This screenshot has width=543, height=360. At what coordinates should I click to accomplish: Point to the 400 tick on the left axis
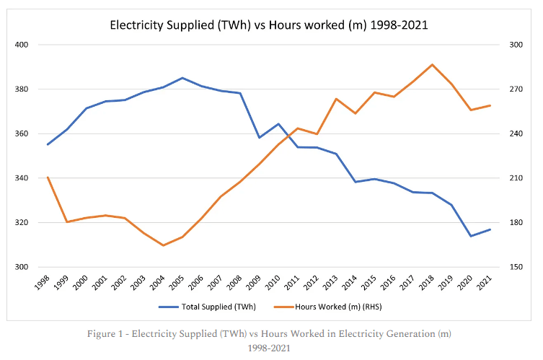pos(22,45)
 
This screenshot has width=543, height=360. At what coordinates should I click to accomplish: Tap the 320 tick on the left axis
pos(22,223)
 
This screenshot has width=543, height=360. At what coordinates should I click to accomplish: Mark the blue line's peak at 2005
pos(182,78)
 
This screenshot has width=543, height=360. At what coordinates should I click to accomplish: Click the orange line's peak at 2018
pos(432,65)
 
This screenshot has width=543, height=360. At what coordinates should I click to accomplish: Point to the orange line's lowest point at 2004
pos(163,245)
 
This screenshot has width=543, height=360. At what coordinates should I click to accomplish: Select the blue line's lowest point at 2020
pos(471,236)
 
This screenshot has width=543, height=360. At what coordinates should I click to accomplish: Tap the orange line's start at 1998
pos(48,177)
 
